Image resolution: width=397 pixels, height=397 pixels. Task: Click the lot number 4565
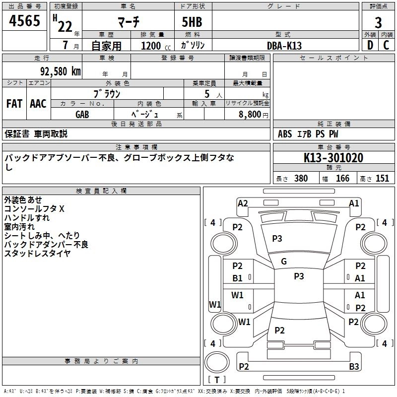point(24,20)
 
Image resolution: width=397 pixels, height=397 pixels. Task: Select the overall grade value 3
point(378,23)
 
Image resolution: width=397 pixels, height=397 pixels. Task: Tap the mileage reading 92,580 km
point(61,71)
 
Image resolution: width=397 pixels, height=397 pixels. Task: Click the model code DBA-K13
point(284,46)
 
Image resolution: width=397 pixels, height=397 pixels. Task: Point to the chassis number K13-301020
point(333,158)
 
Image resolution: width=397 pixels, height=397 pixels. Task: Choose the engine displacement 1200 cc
point(156,46)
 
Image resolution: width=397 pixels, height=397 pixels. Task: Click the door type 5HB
point(192,22)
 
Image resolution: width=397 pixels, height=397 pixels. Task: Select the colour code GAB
point(82,115)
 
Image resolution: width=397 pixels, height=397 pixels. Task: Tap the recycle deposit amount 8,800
point(250,114)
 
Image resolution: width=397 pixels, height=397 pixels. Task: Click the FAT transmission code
point(14,104)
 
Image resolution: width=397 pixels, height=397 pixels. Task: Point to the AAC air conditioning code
point(38,104)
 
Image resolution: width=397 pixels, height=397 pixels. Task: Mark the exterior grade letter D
point(370,45)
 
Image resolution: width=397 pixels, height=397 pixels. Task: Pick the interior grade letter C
point(386,45)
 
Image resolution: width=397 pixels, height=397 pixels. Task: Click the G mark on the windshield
point(284,262)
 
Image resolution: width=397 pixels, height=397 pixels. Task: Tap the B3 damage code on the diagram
point(354,366)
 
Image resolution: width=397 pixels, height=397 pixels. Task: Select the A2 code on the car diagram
point(243,203)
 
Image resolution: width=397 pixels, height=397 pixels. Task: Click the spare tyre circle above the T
point(217,362)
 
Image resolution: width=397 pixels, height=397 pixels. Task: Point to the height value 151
point(382,178)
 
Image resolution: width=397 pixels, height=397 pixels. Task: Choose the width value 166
point(342,178)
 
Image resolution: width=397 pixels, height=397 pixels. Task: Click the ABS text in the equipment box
point(285,134)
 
